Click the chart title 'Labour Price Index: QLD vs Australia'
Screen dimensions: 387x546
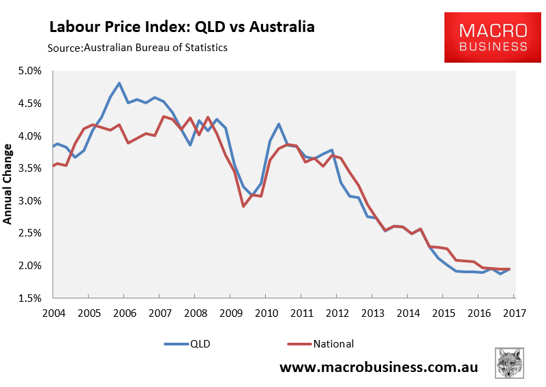pyautogui.click(x=181, y=27)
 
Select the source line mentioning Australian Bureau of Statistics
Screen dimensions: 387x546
pyautogui.click(x=137, y=48)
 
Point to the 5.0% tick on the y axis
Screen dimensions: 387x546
pyautogui.click(x=29, y=71)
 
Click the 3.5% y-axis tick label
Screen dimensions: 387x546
pyautogui.click(x=29, y=168)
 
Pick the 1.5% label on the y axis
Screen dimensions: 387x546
pyautogui.click(x=29, y=298)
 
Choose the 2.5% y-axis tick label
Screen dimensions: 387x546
pyautogui.click(x=29, y=233)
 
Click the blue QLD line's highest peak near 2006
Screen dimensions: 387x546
pyautogui.click(x=119, y=83)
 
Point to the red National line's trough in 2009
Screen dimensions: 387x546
pyautogui.click(x=243, y=206)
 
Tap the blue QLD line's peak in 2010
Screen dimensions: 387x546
pyautogui.click(x=279, y=124)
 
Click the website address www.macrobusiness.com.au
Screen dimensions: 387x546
pyautogui.click(x=378, y=367)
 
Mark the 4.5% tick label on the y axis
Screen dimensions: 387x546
pyautogui.click(x=29, y=104)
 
